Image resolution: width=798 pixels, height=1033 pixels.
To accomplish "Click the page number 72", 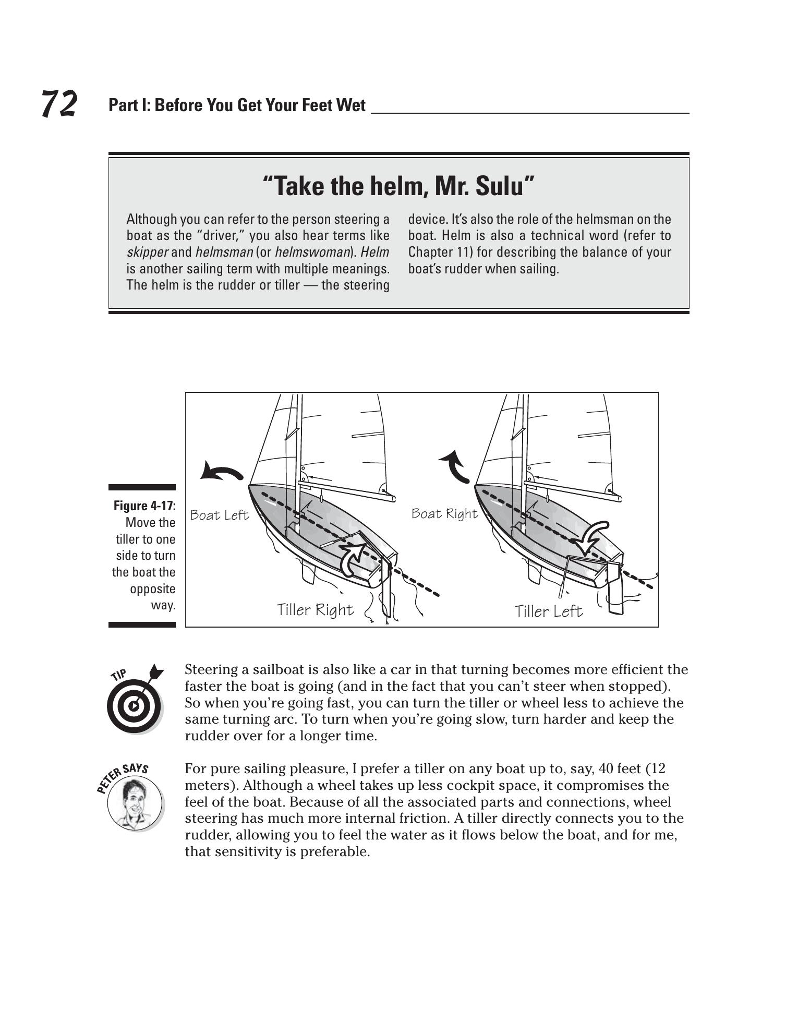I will (x=59, y=103).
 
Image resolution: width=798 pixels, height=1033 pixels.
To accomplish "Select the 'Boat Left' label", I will (x=219, y=515).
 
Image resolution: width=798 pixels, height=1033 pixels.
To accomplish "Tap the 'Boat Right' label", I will (x=444, y=514).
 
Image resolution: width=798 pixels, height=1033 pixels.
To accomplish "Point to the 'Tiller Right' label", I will (x=315, y=610).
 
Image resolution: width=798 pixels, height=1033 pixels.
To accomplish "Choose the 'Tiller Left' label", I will (x=548, y=611).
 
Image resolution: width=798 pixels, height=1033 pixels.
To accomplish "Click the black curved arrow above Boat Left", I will (x=221, y=471).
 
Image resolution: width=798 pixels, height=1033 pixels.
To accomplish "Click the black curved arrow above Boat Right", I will (x=455, y=466).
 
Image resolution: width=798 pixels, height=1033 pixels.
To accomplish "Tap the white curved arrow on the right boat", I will (x=592, y=536).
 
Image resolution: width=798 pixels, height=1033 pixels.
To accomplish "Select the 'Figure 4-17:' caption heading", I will (x=144, y=506).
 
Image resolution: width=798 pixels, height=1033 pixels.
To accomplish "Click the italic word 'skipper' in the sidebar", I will (x=147, y=253).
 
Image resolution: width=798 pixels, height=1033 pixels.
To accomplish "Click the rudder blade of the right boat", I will (x=615, y=597).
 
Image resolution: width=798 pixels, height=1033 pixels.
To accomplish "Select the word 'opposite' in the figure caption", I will (x=152, y=589).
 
